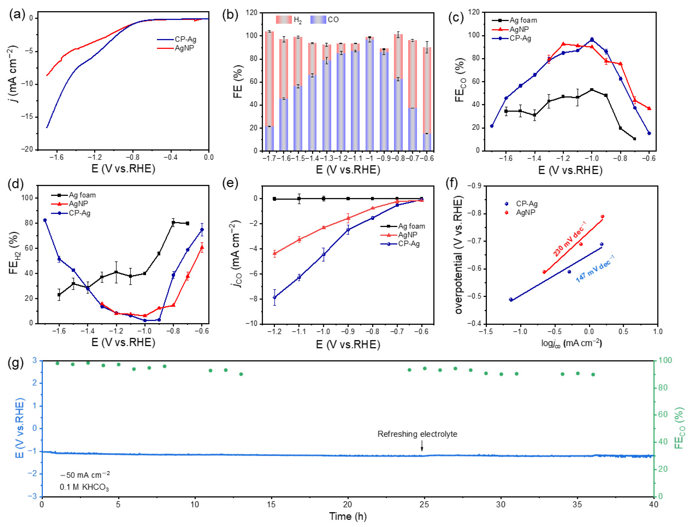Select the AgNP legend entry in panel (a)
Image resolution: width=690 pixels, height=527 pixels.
(184, 48)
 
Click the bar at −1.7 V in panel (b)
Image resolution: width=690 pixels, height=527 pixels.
(269, 91)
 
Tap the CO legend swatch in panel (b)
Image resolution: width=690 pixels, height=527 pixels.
(318, 19)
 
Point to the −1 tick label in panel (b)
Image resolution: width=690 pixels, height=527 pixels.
(370, 158)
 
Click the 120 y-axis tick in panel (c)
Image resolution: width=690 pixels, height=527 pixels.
(474, 12)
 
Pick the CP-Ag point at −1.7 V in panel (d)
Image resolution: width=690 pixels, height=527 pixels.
(45, 220)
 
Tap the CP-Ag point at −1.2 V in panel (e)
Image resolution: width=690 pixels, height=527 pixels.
(274, 297)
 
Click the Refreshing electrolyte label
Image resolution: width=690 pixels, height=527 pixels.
(417, 434)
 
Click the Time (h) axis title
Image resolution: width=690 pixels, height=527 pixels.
(348, 516)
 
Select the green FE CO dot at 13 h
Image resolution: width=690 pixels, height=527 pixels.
(241, 374)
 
